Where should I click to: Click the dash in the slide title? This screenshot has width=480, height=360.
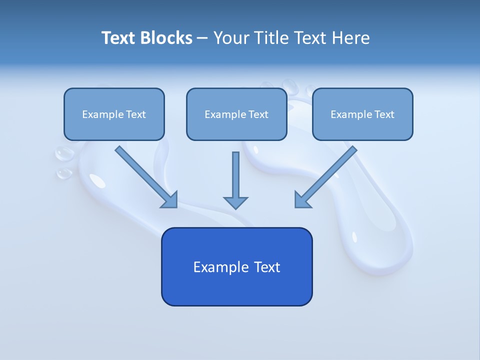pos(202,38)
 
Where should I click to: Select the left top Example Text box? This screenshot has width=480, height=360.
pos(114,114)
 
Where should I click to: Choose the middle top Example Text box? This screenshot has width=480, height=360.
pos(236,114)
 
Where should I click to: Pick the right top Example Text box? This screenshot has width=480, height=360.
pos(362,114)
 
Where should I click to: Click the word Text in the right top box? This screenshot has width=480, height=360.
pos(384,114)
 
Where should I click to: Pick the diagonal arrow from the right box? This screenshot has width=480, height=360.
pos(326,176)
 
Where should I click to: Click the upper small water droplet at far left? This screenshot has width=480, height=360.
pos(63,154)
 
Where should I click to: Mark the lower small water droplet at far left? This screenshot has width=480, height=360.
pos(64,173)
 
